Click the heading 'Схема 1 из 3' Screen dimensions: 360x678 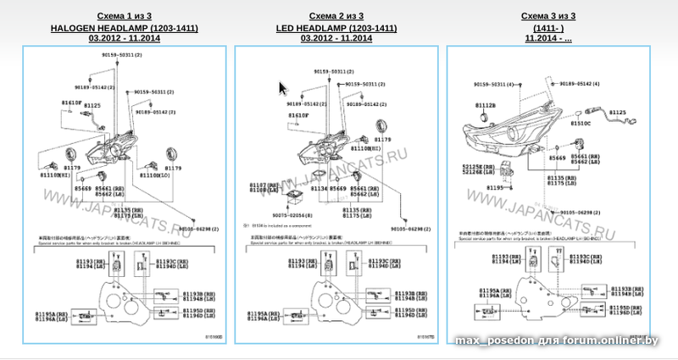pyautogui.click(x=125, y=16)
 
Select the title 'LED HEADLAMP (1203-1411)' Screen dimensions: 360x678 pyautogui.click(x=336, y=28)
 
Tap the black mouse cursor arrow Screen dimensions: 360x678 pyautogui.click(x=283, y=87)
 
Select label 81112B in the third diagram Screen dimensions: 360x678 pyautogui.click(x=486, y=104)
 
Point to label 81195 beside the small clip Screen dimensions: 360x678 pyautogui.click(x=471, y=188)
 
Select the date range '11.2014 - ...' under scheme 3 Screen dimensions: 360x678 pyautogui.click(x=547, y=38)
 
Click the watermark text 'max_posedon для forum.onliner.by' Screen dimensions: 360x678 pyautogui.click(x=556, y=341)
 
